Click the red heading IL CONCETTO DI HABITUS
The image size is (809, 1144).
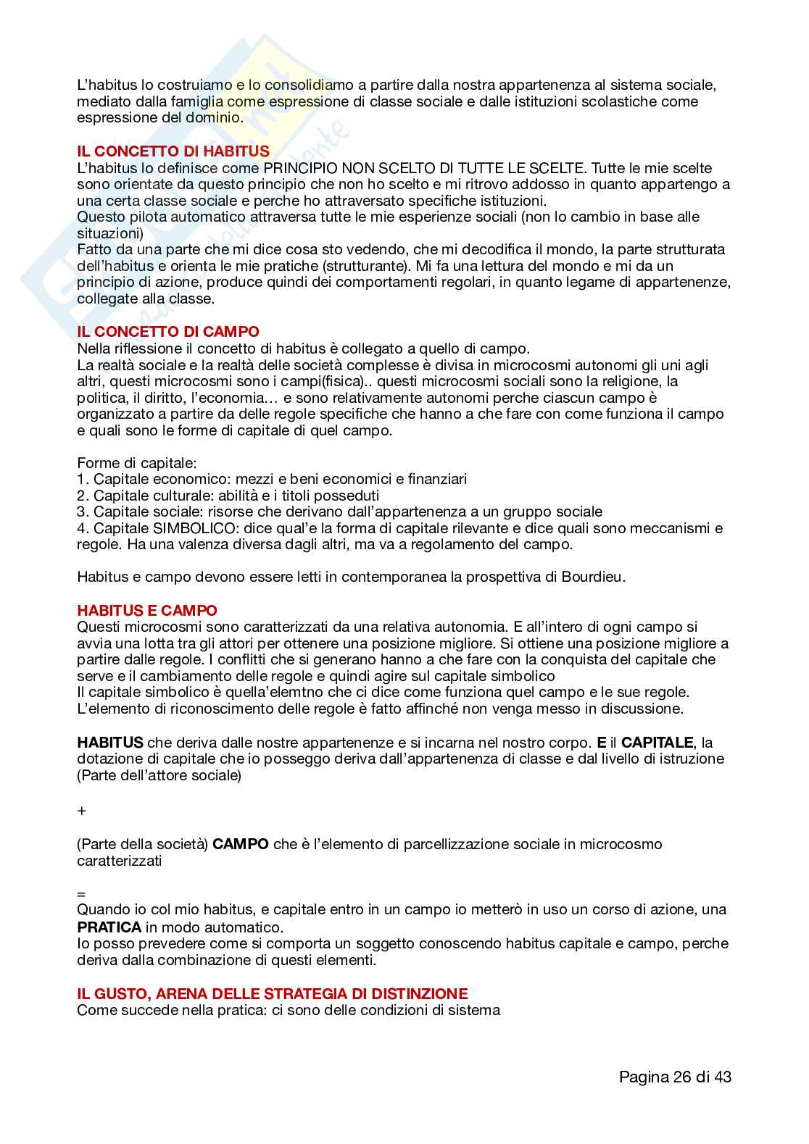tap(173, 151)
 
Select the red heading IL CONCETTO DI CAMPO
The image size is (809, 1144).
tap(168, 332)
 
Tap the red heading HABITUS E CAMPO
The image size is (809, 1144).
tap(147, 611)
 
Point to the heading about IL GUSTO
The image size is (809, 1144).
tap(273, 993)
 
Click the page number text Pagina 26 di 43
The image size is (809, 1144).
tap(675, 1077)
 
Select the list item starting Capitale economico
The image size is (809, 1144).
tap(273, 479)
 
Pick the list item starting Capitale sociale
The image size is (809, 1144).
tap(340, 512)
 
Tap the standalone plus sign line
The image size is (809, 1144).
tap(81, 811)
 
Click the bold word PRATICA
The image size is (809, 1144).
tap(109, 927)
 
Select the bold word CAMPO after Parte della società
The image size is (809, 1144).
tap(241, 844)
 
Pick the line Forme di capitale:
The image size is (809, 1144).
tap(137, 462)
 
